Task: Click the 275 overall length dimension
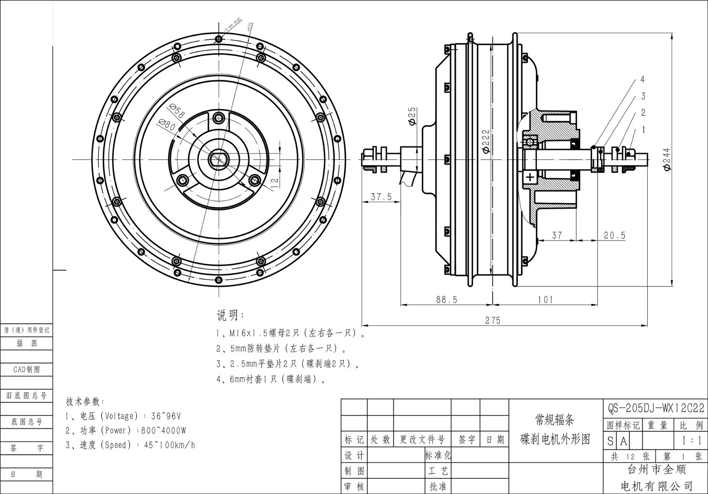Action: pyautogui.click(x=492, y=320)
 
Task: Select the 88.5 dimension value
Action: pyautogui.click(x=446, y=300)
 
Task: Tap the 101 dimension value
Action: pyautogui.click(x=545, y=300)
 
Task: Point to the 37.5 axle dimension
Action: pyautogui.click(x=381, y=197)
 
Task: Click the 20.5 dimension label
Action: pyautogui.click(x=615, y=235)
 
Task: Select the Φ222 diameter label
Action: pyautogui.click(x=486, y=142)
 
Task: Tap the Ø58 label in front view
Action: pyautogui.click(x=177, y=111)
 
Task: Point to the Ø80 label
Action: pyautogui.click(x=167, y=125)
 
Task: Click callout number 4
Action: pyautogui.click(x=643, y=79)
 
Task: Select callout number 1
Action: pyautogui.click(x=643, y=130)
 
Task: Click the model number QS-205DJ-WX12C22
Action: pyautogui.click(x=656, y=408)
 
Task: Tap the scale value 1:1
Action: pyautogui.click(x=691, y=441)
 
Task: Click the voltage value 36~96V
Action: pyautogui.click(x=166, y=416)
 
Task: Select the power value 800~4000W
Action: pyautogui.click(x=164, y=431)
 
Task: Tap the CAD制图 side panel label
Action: pyautogui.click(x=27, y=369)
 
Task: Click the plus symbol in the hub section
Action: pyautogui.click(x=530, y=177)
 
